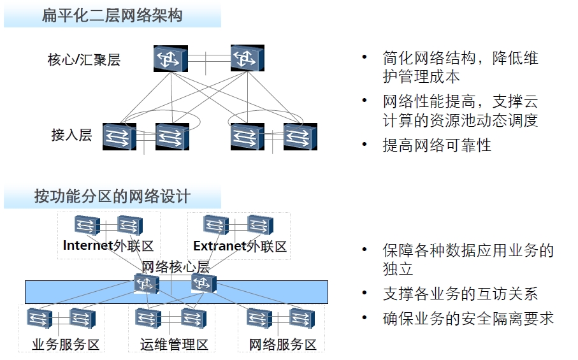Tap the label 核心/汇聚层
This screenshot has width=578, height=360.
[x=84, y=61]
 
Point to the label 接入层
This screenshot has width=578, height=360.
[x=72, y=135]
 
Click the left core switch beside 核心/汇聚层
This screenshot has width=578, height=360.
[x=170, y=58]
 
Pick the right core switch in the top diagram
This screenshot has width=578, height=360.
[x=247, y=58]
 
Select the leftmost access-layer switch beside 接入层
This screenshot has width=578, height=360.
[x=120, y=136]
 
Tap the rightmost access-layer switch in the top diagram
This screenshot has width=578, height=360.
[x=300, y=136]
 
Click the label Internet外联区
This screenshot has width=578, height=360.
[x=108, y=246]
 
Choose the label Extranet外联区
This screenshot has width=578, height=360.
[x=240, y=246]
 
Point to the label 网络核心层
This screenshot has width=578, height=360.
[x=175, y=266]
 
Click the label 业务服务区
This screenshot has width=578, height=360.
[x=66, y=345]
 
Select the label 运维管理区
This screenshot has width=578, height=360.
[x=174, y=345]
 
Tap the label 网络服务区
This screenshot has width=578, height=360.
[x=282, y=345]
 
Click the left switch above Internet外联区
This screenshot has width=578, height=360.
[x=86, y=225]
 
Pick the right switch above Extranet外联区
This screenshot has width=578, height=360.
[x=260, y=225]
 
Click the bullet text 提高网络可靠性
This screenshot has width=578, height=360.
[x=437, y=145]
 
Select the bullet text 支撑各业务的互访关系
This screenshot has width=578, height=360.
[x=460, y=294]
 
